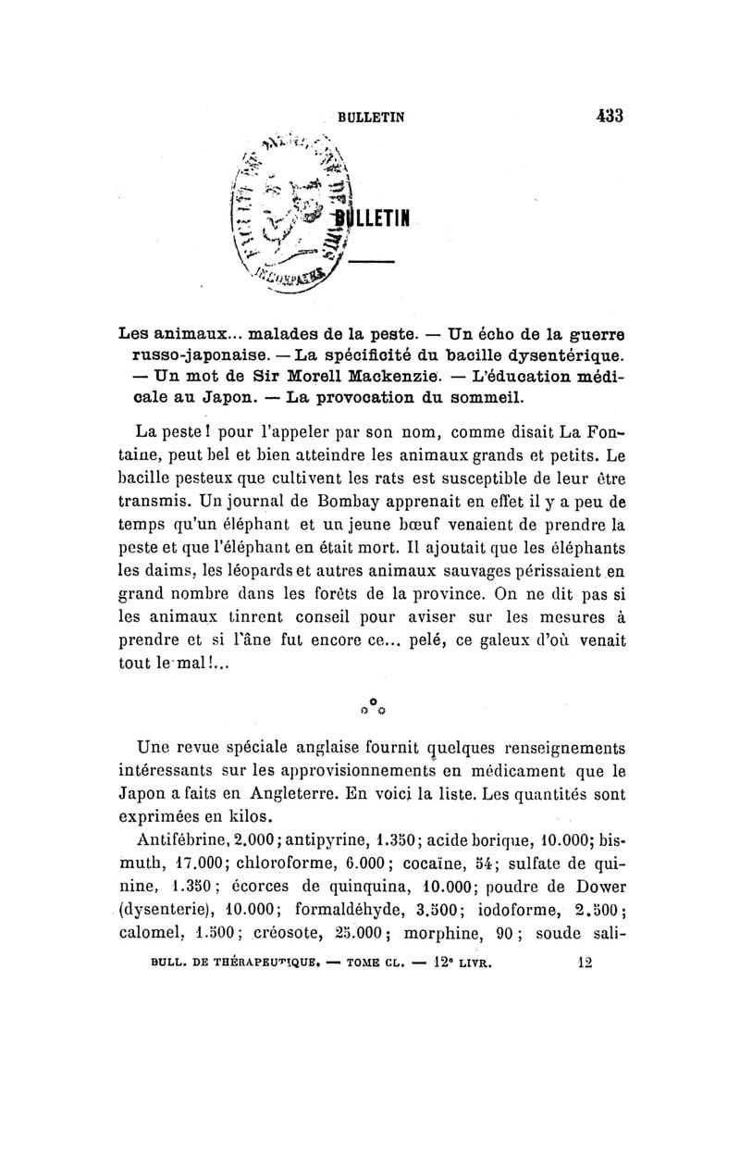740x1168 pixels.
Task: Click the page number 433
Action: tap(609, 117)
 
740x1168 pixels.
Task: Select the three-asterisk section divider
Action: tap(370, 708)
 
